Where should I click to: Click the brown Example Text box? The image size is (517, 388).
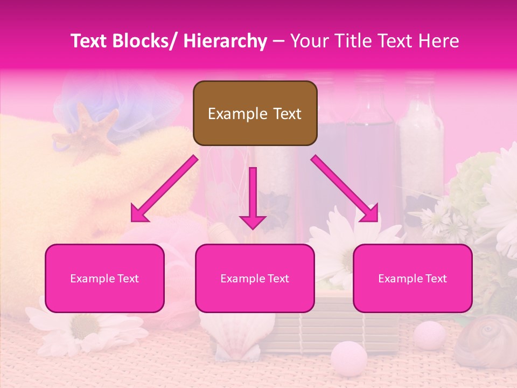(255, 113)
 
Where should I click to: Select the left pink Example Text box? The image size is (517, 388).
(104, 279)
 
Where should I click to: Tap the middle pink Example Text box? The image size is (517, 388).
(255, 279)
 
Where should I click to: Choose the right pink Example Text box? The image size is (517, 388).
(413, 279)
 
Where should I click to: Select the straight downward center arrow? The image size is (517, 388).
(253, 199)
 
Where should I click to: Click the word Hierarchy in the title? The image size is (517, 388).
(225, 41)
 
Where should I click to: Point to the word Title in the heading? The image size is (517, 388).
(352, 41)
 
